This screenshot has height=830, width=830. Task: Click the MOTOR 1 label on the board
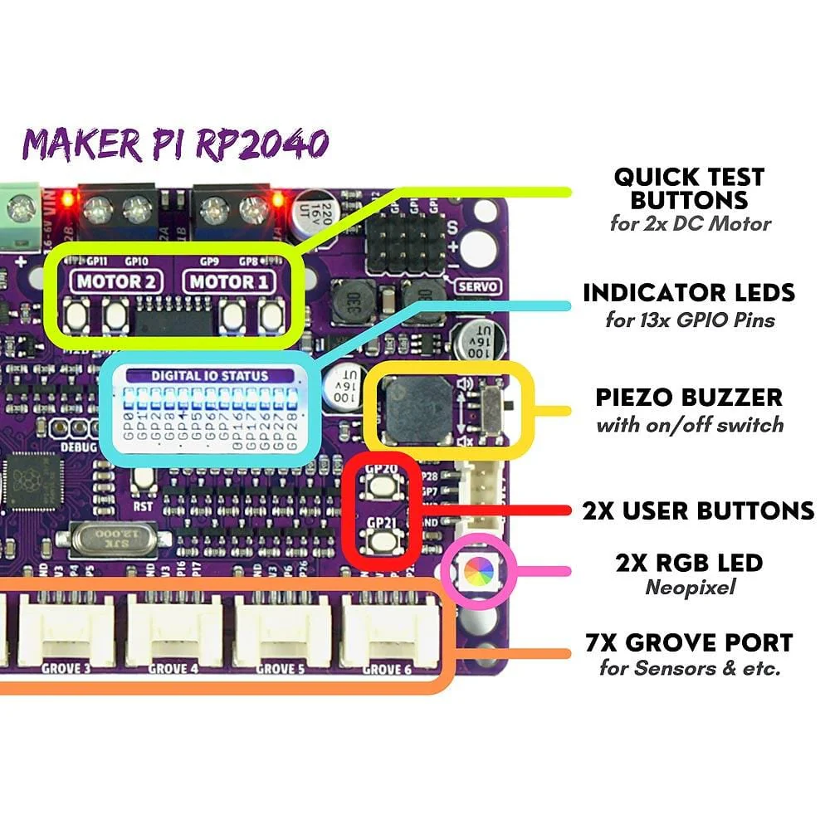230,281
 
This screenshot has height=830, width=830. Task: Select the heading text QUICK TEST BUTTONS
689,188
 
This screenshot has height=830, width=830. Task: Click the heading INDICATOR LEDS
689,292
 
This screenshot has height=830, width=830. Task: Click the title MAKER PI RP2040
175,144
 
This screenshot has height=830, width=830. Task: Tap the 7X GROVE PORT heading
689,642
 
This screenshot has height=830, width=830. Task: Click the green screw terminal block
18,209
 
